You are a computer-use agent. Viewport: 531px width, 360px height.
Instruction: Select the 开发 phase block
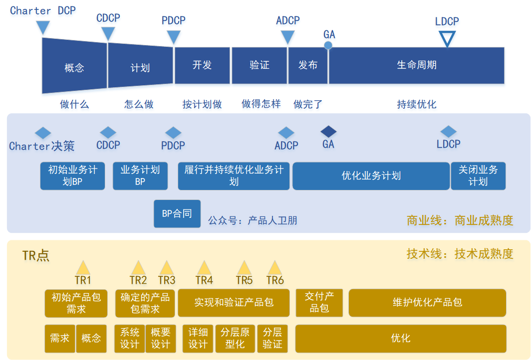tap(202, 65)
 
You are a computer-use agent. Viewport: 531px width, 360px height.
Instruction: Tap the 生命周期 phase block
tap(416, 65)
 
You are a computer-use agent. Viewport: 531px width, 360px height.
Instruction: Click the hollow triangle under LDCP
tap(447, 37)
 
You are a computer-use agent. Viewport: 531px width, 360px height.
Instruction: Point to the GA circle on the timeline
tap(328, 45)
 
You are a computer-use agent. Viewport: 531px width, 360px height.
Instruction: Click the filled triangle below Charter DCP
tap(43, 27)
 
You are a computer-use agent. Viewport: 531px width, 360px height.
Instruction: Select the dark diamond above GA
tap(328, 132)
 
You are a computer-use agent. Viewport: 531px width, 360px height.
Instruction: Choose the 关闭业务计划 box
tap(478, 176)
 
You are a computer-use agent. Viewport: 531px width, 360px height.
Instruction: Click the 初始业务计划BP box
tap(73, 176)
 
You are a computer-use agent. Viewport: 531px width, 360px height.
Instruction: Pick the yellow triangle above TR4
tap(204, 267)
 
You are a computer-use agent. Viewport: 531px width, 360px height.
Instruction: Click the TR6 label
tap(275, 280)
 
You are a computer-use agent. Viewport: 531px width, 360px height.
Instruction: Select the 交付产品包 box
tap(319, 302)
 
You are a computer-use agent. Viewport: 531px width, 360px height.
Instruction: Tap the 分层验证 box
tap(272, 338)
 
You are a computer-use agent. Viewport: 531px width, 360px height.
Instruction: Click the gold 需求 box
tap(60, 338)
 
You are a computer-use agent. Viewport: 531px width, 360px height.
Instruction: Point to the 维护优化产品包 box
tap(427, 302)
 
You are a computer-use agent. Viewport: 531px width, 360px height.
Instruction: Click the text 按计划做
tap(202, 104)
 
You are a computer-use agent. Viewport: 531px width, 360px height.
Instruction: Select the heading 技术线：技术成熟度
tap(460, 253)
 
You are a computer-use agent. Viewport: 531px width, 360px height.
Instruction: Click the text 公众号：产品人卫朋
tap(253, 220)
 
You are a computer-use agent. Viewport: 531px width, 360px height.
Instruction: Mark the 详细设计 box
tap(198, 338)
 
